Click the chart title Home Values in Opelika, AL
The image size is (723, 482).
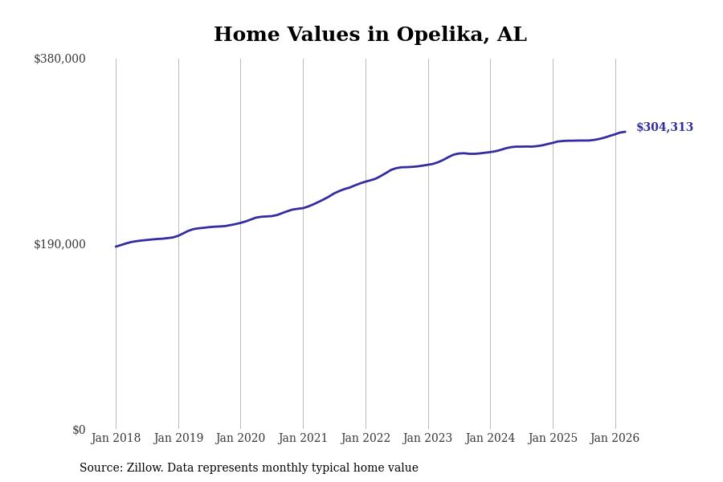click(370, 35)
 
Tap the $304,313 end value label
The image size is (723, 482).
click(664, 128)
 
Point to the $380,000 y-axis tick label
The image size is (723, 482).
click(59, 59)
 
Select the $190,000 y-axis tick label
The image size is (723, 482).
click(59, 244)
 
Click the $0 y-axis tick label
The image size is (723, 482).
click(79, 430)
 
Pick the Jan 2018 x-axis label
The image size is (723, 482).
click(116, 438)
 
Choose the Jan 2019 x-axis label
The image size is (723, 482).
click(178, 438)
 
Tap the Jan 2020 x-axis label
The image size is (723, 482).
click(240, 438)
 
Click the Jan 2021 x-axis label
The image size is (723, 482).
click(303, 438)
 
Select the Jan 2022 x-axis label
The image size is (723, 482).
click(366, 438)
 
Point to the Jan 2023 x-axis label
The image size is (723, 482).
click(427, 438)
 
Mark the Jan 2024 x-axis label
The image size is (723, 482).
click(490, 438)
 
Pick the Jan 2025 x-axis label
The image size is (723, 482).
click(553, 438)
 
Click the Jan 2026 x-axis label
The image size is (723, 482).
click(615, 438)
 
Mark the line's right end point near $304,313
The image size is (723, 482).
click(625, 132)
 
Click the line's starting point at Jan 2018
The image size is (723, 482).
click(116, 247)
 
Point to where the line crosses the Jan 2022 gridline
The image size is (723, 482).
click(366, 182)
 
